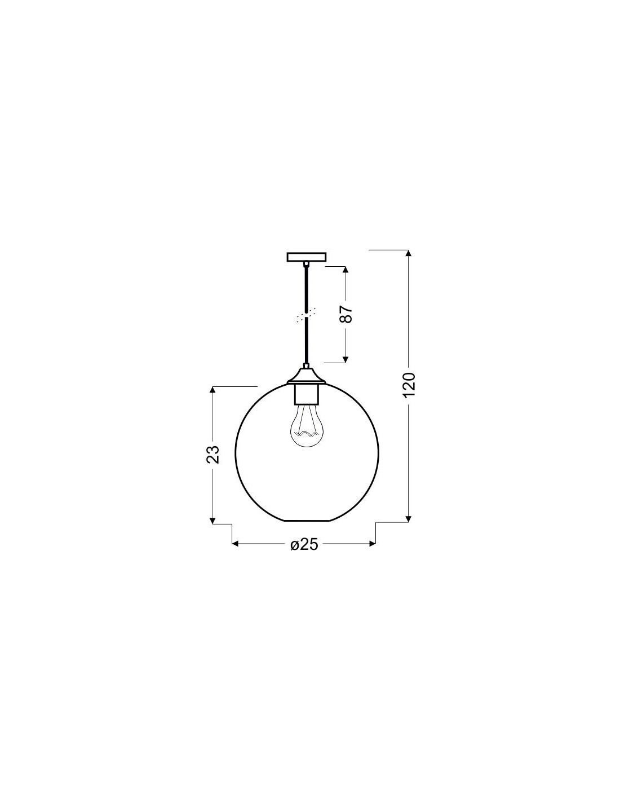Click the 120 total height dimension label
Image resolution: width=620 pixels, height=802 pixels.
pyautogui.click(x=409, y=385)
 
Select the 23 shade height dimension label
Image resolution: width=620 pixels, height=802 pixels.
pyautogui.click(x=213, y=455)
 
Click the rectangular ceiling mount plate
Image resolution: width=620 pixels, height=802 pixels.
pyautogui.click(x=307, y=257)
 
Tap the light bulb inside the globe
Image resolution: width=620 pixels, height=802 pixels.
pyautogui.click(x=307, y=425)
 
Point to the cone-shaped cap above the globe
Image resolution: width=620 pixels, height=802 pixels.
pyautogui.click(x=307, y=376)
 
